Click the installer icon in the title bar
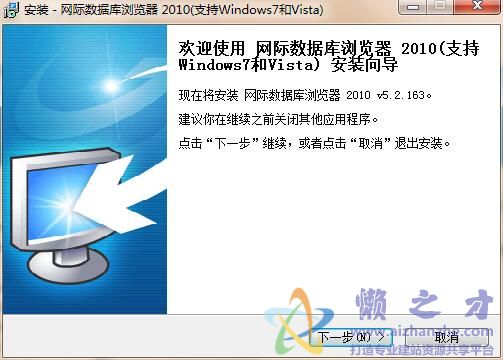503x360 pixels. tap(10, 10)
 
